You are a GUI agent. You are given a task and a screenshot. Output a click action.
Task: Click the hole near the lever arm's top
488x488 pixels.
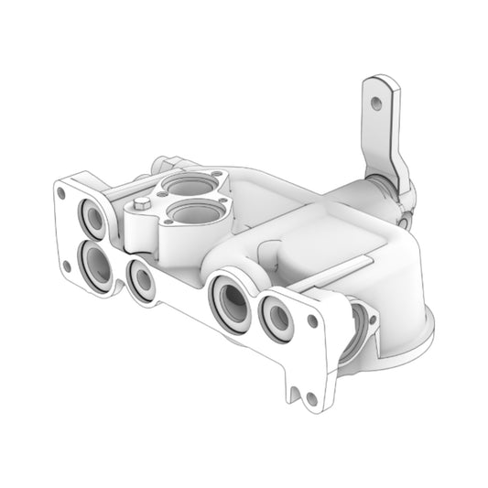point(375,103)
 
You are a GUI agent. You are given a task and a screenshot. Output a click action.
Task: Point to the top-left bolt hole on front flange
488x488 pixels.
point(61,193)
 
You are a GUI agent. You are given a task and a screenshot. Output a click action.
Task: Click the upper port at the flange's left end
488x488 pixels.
point(94,219)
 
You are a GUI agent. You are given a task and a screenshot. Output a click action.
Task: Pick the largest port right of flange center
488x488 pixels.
point(229,299)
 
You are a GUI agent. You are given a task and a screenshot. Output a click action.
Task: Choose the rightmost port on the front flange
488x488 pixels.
point(276,317)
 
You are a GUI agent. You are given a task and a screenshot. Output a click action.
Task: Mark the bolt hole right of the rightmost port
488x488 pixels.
point(312,321)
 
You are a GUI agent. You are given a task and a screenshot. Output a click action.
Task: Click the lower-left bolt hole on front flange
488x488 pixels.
point(66,266)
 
